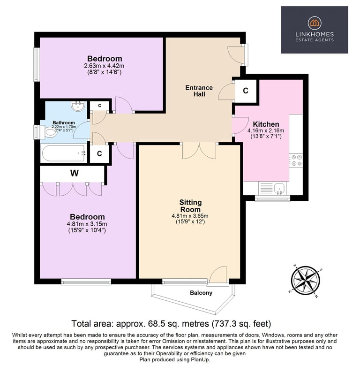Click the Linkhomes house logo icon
point(315,23)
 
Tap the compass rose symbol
point(305,280)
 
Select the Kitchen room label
point(266,124)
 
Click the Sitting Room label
point(190,206)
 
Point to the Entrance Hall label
point(199,91)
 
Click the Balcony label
point(201,293)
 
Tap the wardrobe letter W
point(75,173)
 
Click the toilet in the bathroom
point(48,132)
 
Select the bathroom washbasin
point(78,106)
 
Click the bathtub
point(63,153)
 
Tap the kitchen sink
point(279,189)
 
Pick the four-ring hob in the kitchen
point(296,160)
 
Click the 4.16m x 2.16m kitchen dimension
point(266,131)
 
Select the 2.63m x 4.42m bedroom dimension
point(104,66)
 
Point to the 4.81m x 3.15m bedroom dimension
point(87,224)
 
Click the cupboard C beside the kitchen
point(246,91)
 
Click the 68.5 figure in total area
point(156,324)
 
